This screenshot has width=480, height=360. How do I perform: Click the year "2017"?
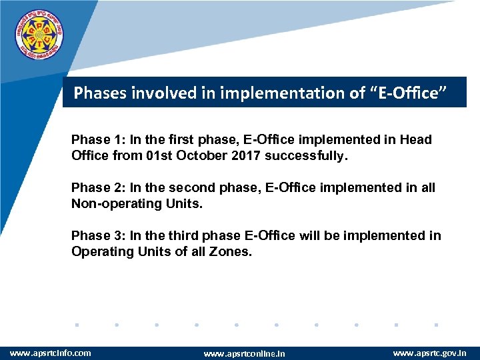(x=244, y=156)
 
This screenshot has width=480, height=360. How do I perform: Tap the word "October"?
(x=200, y=156)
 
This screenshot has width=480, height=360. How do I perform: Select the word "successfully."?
(x=307, y=156)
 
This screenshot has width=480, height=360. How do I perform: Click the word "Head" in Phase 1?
(x=415, y=140)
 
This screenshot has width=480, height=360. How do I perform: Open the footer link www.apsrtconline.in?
(x=244, y=353)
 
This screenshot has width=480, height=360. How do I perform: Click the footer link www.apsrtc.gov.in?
(x=429, y=353)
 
